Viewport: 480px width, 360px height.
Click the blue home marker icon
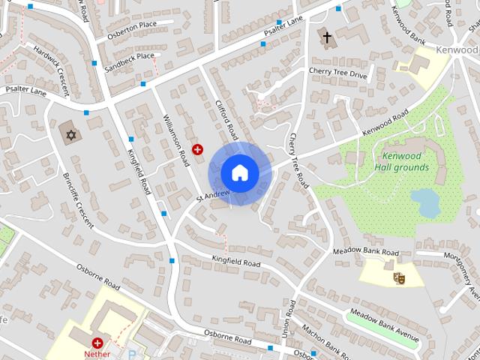pos(239,172)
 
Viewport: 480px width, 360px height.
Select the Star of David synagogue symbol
pos(72,134)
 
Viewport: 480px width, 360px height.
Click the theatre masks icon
pos(399,277)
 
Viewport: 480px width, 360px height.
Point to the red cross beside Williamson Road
pos(197,149)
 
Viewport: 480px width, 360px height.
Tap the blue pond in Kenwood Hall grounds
pos(425,202)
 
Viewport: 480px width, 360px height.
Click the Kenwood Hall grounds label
pos(405,162)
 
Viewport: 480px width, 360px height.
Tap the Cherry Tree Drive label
pos(338,73)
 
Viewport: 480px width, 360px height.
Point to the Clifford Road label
pos(226,120)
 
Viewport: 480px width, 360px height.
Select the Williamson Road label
pos(176,139)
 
